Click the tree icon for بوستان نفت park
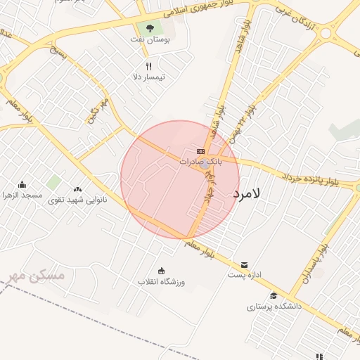point(149,29)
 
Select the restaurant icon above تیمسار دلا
point(148,66)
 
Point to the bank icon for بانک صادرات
point(200,150)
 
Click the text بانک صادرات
point(200,161)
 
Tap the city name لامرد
point(245,193)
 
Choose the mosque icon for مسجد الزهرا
point(22,184)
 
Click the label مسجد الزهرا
point(22,195)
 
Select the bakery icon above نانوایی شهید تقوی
point(77,188)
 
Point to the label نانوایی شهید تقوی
point(69,200)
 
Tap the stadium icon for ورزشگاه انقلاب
point(161,271)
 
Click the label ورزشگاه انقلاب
point(161,281)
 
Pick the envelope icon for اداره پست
point(244,264)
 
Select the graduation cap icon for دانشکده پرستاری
point(274,295)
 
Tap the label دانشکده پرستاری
point(274,307)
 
